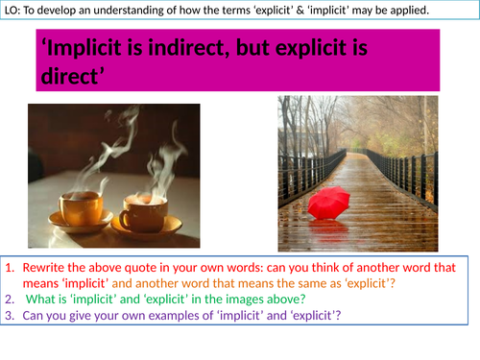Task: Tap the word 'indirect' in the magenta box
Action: point(219,54)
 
